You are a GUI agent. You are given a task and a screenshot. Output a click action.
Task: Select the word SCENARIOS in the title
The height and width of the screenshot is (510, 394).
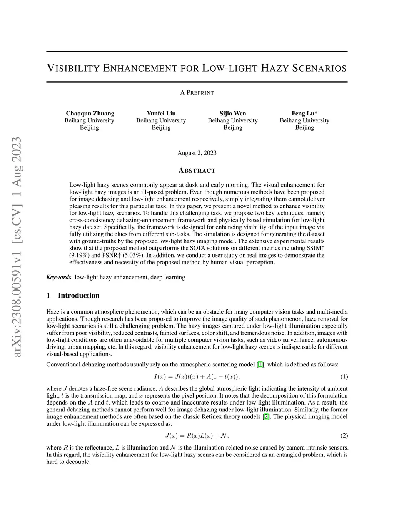point(320,69)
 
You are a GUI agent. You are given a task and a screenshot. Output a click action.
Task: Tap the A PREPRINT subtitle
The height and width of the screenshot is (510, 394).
point(197,93)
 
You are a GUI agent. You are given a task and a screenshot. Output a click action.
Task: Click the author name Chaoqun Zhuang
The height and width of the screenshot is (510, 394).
point(90,113)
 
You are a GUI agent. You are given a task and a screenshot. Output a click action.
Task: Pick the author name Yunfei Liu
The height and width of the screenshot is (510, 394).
point(161,113)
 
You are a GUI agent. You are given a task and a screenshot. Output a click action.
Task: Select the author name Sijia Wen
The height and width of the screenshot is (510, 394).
point(233,113)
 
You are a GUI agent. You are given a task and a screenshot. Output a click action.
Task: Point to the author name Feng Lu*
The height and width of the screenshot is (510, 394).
point(304,113)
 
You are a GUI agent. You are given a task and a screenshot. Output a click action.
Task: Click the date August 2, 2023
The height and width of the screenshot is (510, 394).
point(197,153)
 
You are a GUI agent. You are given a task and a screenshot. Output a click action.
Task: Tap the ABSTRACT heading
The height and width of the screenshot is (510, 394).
point(197,171)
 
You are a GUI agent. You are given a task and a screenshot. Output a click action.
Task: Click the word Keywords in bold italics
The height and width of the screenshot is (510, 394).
point(58,277)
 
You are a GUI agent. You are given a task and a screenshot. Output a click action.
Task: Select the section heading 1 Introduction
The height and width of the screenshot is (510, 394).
point(73,295)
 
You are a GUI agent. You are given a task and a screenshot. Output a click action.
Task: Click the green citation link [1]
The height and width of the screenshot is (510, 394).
point(260,364)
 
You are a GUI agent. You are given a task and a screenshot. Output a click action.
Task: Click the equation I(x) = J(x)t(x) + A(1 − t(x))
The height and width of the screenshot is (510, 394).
point(197,376)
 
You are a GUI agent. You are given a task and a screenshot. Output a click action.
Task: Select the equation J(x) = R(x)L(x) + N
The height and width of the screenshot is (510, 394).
point(197,436)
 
